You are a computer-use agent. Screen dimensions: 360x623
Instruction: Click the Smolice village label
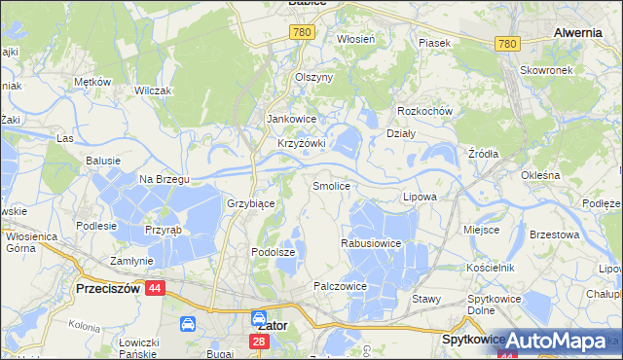point(330,185)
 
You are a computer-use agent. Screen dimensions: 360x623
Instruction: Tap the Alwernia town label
point(577,32)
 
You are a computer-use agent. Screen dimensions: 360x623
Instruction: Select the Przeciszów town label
point(109,288)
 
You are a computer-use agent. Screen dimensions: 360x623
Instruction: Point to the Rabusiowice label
point(371,243)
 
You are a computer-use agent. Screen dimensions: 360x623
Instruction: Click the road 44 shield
point(156,288)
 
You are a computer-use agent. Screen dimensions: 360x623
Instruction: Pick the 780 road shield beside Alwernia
point(507,44)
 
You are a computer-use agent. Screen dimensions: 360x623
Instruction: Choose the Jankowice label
point(289,120)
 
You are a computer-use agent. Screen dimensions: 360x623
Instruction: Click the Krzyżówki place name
point(301,143)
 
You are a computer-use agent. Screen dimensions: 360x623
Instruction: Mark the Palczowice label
point(339,286)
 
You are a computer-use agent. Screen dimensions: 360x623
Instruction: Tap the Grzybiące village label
point(250,204)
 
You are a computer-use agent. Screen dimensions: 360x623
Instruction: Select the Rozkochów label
point(425,111)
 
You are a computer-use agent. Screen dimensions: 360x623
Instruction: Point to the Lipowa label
point(420,197)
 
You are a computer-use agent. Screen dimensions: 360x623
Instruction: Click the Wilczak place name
point(153,90)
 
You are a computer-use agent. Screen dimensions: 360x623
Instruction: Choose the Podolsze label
point(272,252)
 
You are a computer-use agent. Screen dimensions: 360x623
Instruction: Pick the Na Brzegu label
point(164,179)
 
